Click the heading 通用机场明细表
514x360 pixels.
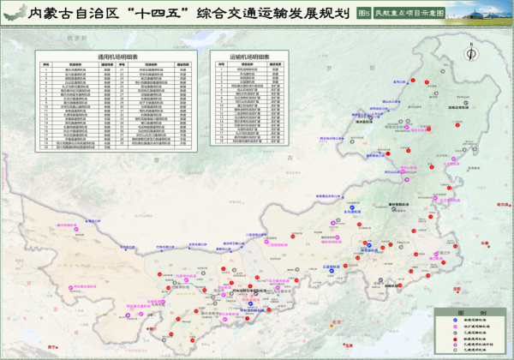coord(116,57)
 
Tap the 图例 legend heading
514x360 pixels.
coord(460,314)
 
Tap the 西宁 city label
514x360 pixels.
coord(54,346)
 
